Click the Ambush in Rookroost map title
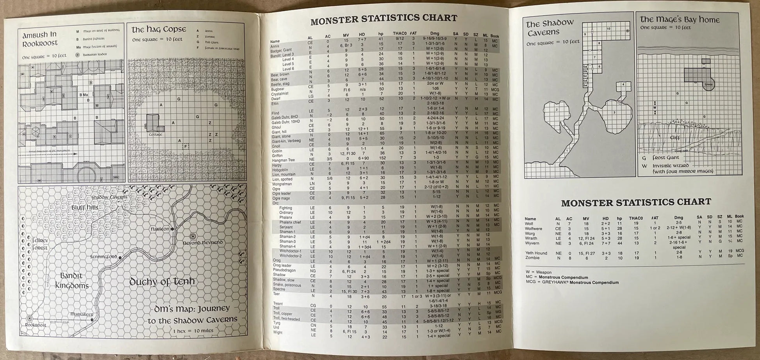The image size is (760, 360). [40, 39]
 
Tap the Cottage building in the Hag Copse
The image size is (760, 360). [153, 122]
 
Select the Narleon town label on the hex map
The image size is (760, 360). [160, 229]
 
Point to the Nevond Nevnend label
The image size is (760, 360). [203, 242]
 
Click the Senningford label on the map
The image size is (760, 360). [103, 257]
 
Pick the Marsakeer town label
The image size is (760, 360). [82, 314]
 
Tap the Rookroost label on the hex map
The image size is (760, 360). [36, 325]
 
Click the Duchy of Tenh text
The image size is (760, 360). [162, 282]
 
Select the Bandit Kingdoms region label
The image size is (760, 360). [71, 281]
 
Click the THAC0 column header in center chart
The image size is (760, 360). [400, 34]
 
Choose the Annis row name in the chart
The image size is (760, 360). [275, 46]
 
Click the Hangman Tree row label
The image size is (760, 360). [283, 160]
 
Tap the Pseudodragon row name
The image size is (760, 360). [284, 270]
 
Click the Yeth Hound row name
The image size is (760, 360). [536, 253]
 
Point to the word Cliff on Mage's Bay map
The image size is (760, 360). [675, 138]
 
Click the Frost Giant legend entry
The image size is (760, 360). [665, 158]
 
